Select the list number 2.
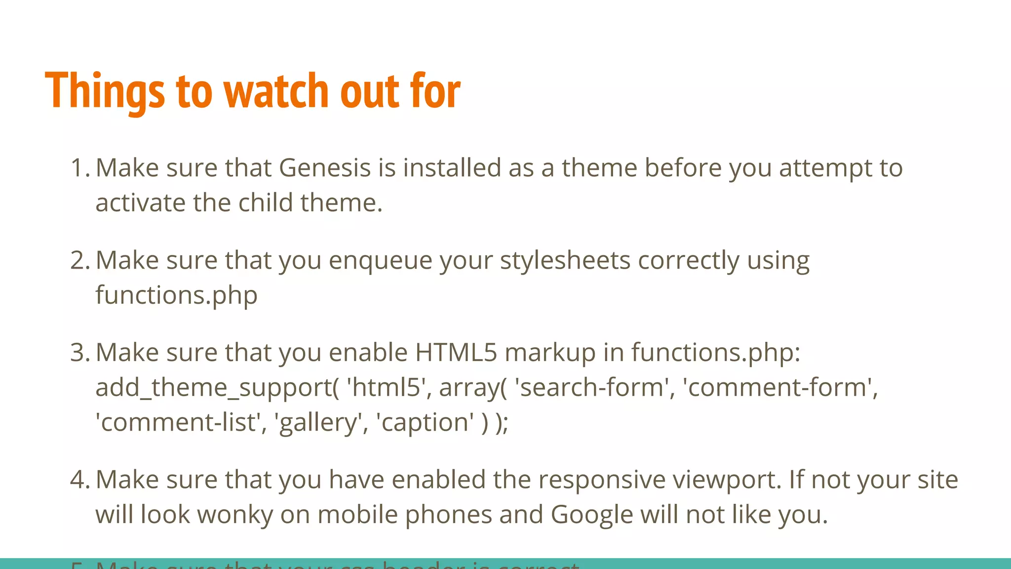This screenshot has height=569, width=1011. [79, 260]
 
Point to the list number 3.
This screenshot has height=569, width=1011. [79, 353]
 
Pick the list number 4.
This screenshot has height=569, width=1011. [79, 480]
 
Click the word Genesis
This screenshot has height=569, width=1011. [324, 168]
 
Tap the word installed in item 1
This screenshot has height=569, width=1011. [452, 168]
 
